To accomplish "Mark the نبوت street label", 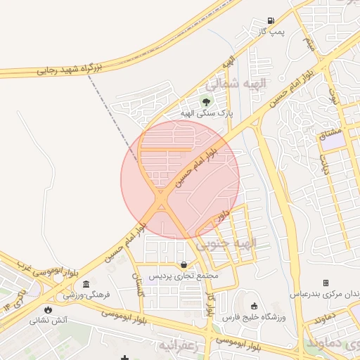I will [335, 96].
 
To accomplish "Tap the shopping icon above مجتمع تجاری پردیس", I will [184, 265].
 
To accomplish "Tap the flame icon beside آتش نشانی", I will [48, 309].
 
